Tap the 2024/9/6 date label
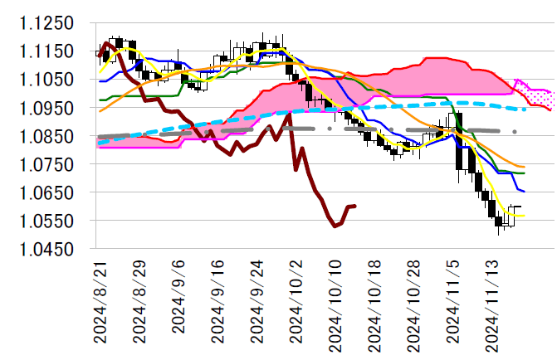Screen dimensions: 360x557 coord(178,298)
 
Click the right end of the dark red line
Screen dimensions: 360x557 coord(355,206)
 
